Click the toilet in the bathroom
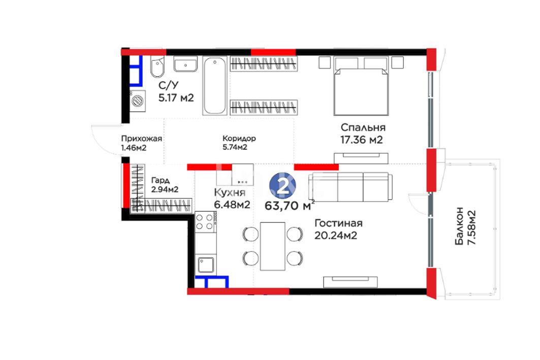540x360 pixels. click(157, 67)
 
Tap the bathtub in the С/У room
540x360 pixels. click(214, 85)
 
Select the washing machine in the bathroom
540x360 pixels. click(137, 101)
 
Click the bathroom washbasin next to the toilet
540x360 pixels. click(185, 64)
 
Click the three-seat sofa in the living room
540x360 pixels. click(350, 187)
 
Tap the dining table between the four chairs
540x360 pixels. click(272, 246)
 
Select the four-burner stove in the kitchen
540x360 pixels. click(206, 221)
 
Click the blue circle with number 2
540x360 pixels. click(282, 186)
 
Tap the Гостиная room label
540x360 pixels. click(338, 223)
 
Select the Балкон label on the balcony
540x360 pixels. click(459, 226)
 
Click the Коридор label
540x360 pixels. click(239, 138)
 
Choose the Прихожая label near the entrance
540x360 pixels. click(142, 139)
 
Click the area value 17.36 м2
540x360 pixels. click(361, 140)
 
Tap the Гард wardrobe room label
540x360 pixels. click(161, 180)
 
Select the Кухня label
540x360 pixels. click(230, 192)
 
